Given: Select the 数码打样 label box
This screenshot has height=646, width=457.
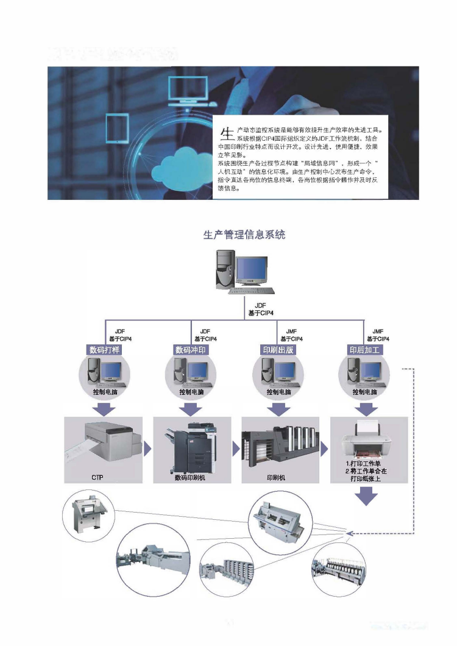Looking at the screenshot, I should [x=105, y=350].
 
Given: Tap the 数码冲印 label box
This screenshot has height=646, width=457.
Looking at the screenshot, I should [x=191, y=350].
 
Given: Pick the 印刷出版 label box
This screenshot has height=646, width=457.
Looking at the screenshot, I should [x=278, y=350].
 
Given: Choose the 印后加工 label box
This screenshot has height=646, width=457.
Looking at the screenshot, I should [x=364, y=350].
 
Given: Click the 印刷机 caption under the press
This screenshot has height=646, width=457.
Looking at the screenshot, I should [x=277, y=477].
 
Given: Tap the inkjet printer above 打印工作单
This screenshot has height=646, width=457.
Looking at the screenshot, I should [x=366, y=443].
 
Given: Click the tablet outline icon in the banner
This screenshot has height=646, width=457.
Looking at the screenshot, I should [x=116, y=128].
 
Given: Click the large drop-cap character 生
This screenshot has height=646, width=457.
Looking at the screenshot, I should [x=226, y=134].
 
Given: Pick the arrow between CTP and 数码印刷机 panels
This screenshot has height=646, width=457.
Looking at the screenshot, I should [x=147, y=450].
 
